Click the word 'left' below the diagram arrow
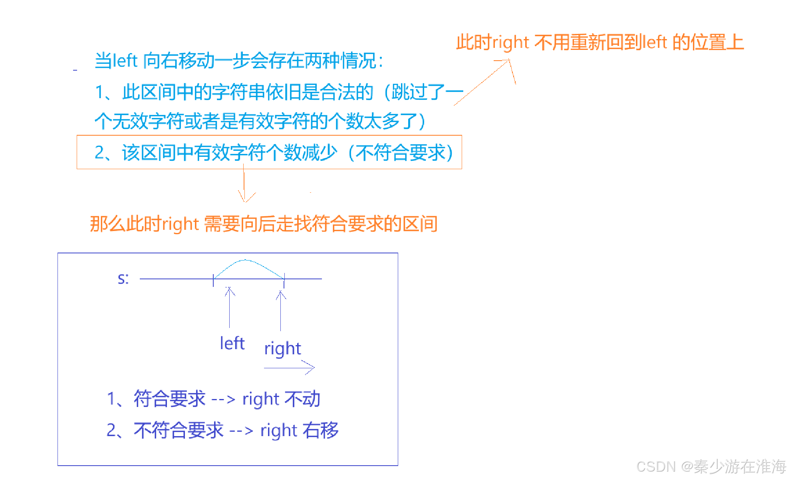(x=232, y=343)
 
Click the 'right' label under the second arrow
(x=282, y=349)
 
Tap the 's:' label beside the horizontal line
(x=123, y=279)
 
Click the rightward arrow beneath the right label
(x=290, y=367)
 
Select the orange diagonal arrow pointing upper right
(x=483, y=82)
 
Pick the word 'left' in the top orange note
(x=654, y=42)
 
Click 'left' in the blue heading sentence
(x=125, y=61)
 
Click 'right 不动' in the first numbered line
(x=281, y=399)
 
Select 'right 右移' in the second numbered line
(x=299, y=430)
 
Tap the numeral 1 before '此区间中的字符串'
(x=99, y=92)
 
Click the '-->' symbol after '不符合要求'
(x=241, y=431)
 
